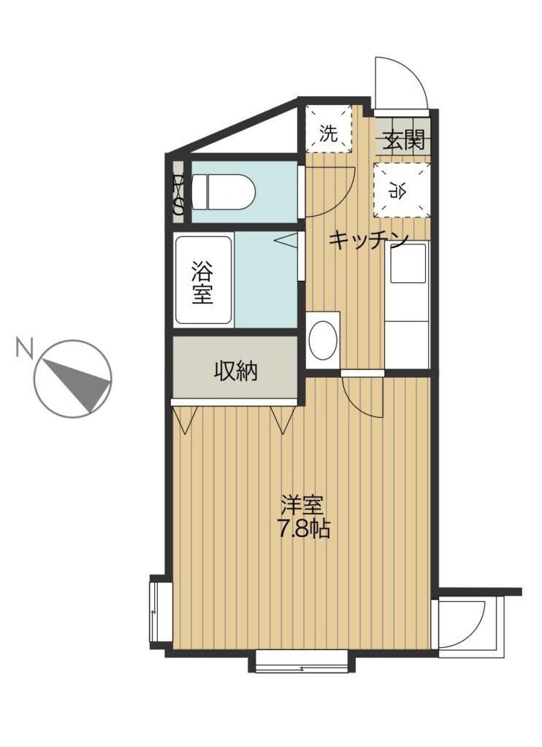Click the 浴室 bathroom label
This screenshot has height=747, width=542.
[x=202, y=283]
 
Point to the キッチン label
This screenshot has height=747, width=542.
[x=368, y=240]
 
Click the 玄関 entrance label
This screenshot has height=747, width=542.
[x=404, y=140]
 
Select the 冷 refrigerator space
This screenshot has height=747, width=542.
[x=402, y=190]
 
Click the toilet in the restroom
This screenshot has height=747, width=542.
[x=224, y=192]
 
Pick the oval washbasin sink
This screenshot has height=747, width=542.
[x=323, y=340]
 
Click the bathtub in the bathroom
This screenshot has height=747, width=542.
[x=204, y=281]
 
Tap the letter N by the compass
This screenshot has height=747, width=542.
[x=24, y=347]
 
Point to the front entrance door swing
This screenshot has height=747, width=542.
[x=400, y=83]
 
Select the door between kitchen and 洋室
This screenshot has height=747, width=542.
[x=362, y=395]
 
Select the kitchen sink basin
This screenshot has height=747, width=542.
[x=408, y=263]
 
